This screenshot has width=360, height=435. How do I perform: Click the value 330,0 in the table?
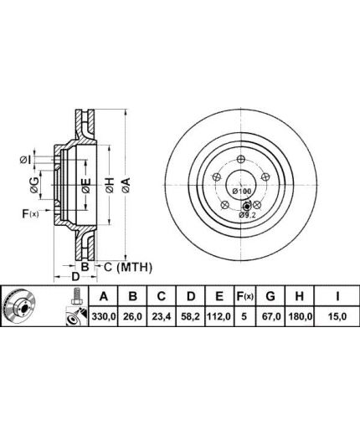[x=104, y=316]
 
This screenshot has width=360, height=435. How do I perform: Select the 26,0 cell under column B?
[x=133, y=316]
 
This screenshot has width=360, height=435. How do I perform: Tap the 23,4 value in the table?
[x=162, y=316]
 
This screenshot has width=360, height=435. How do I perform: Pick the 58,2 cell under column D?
[x=190, y=316]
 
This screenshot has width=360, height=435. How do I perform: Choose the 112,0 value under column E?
[x=219, y=316]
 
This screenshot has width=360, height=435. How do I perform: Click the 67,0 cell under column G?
[x=270, y=316]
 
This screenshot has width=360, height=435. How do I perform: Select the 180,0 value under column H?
[x=300, y=316]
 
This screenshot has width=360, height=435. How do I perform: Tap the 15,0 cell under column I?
[x=337, y=316]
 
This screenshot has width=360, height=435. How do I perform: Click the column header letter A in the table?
[x=104, y=296]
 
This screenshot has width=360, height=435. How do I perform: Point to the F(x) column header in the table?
[x=244, y=296]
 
